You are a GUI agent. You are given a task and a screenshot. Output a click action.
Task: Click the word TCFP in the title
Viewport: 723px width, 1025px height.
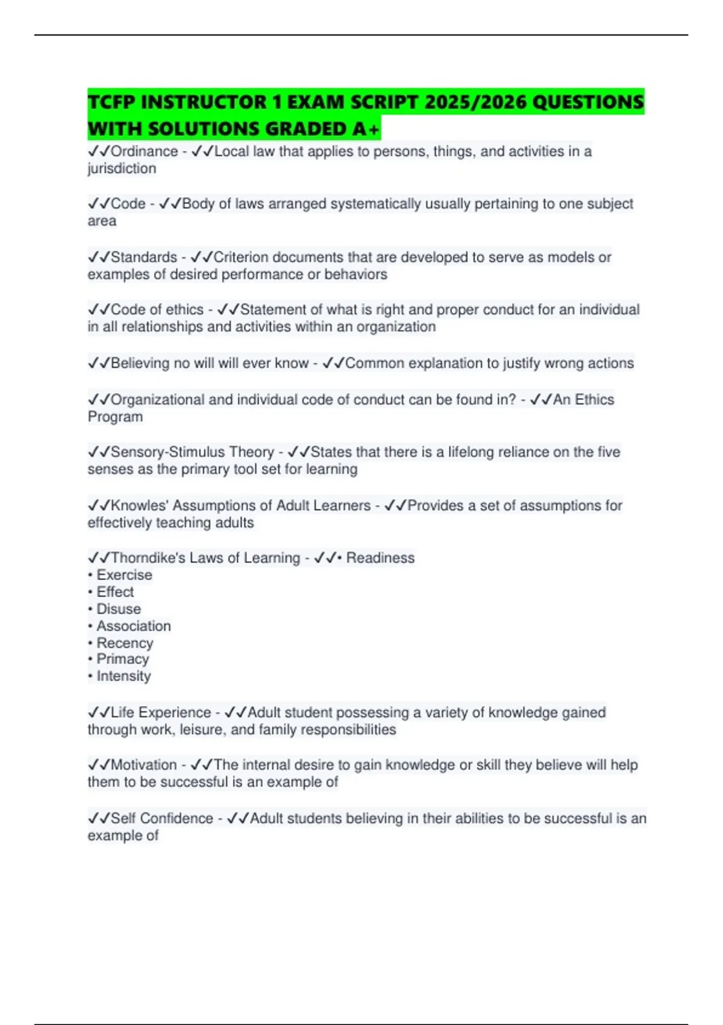click(x=111, y=102)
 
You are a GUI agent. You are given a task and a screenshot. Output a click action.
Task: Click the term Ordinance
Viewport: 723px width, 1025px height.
click(x=144, y=151)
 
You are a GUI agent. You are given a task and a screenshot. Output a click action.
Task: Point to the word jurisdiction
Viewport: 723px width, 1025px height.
click(x=122, y=169)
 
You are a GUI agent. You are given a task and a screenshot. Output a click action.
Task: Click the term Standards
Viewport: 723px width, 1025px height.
click(x=144, y=257)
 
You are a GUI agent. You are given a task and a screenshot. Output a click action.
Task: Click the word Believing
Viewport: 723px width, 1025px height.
click(x=140, y=363)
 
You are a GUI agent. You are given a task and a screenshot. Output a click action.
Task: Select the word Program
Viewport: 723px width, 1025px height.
click(x=115, y=417)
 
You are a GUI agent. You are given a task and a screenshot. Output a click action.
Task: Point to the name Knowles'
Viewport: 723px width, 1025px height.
click(x=139, y=505)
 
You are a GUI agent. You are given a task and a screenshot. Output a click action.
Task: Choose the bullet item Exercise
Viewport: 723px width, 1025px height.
click(x=124, y=575)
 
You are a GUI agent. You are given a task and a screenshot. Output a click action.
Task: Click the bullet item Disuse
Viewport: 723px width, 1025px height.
click(x=119, y=609)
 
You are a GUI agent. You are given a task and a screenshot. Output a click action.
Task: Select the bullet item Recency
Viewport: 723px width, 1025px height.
click(x=125, y=643)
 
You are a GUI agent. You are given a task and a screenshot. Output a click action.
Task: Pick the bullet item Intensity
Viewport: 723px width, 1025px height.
click(x=124, y=676)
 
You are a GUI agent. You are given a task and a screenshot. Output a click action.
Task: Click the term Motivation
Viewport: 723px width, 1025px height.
click(x=144, y=765)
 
